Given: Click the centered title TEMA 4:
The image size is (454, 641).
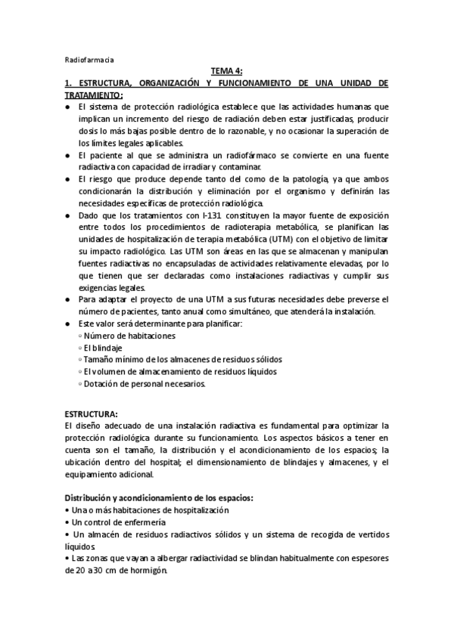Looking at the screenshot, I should tap(226, 71).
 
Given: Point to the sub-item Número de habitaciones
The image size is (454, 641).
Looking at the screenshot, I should tap(129, 335).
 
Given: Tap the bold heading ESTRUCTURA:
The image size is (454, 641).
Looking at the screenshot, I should tap(91, 414).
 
